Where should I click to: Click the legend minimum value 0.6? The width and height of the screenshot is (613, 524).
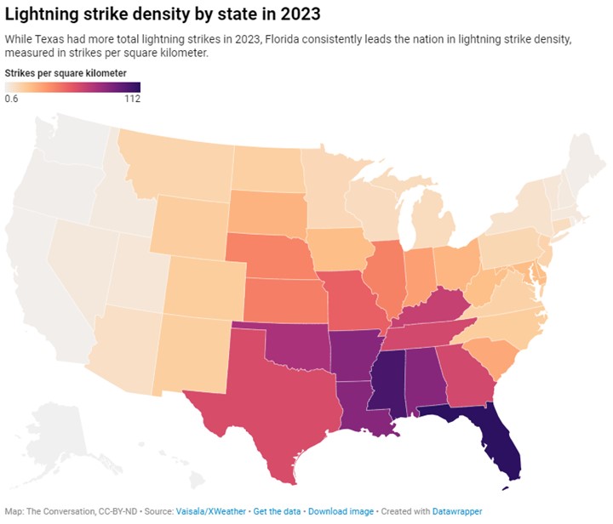coord(12,99)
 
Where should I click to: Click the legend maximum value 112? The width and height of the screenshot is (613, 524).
coord(131,99)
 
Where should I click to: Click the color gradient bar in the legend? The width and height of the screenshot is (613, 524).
coord(72,87)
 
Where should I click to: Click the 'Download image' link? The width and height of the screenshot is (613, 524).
coord(341,511)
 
